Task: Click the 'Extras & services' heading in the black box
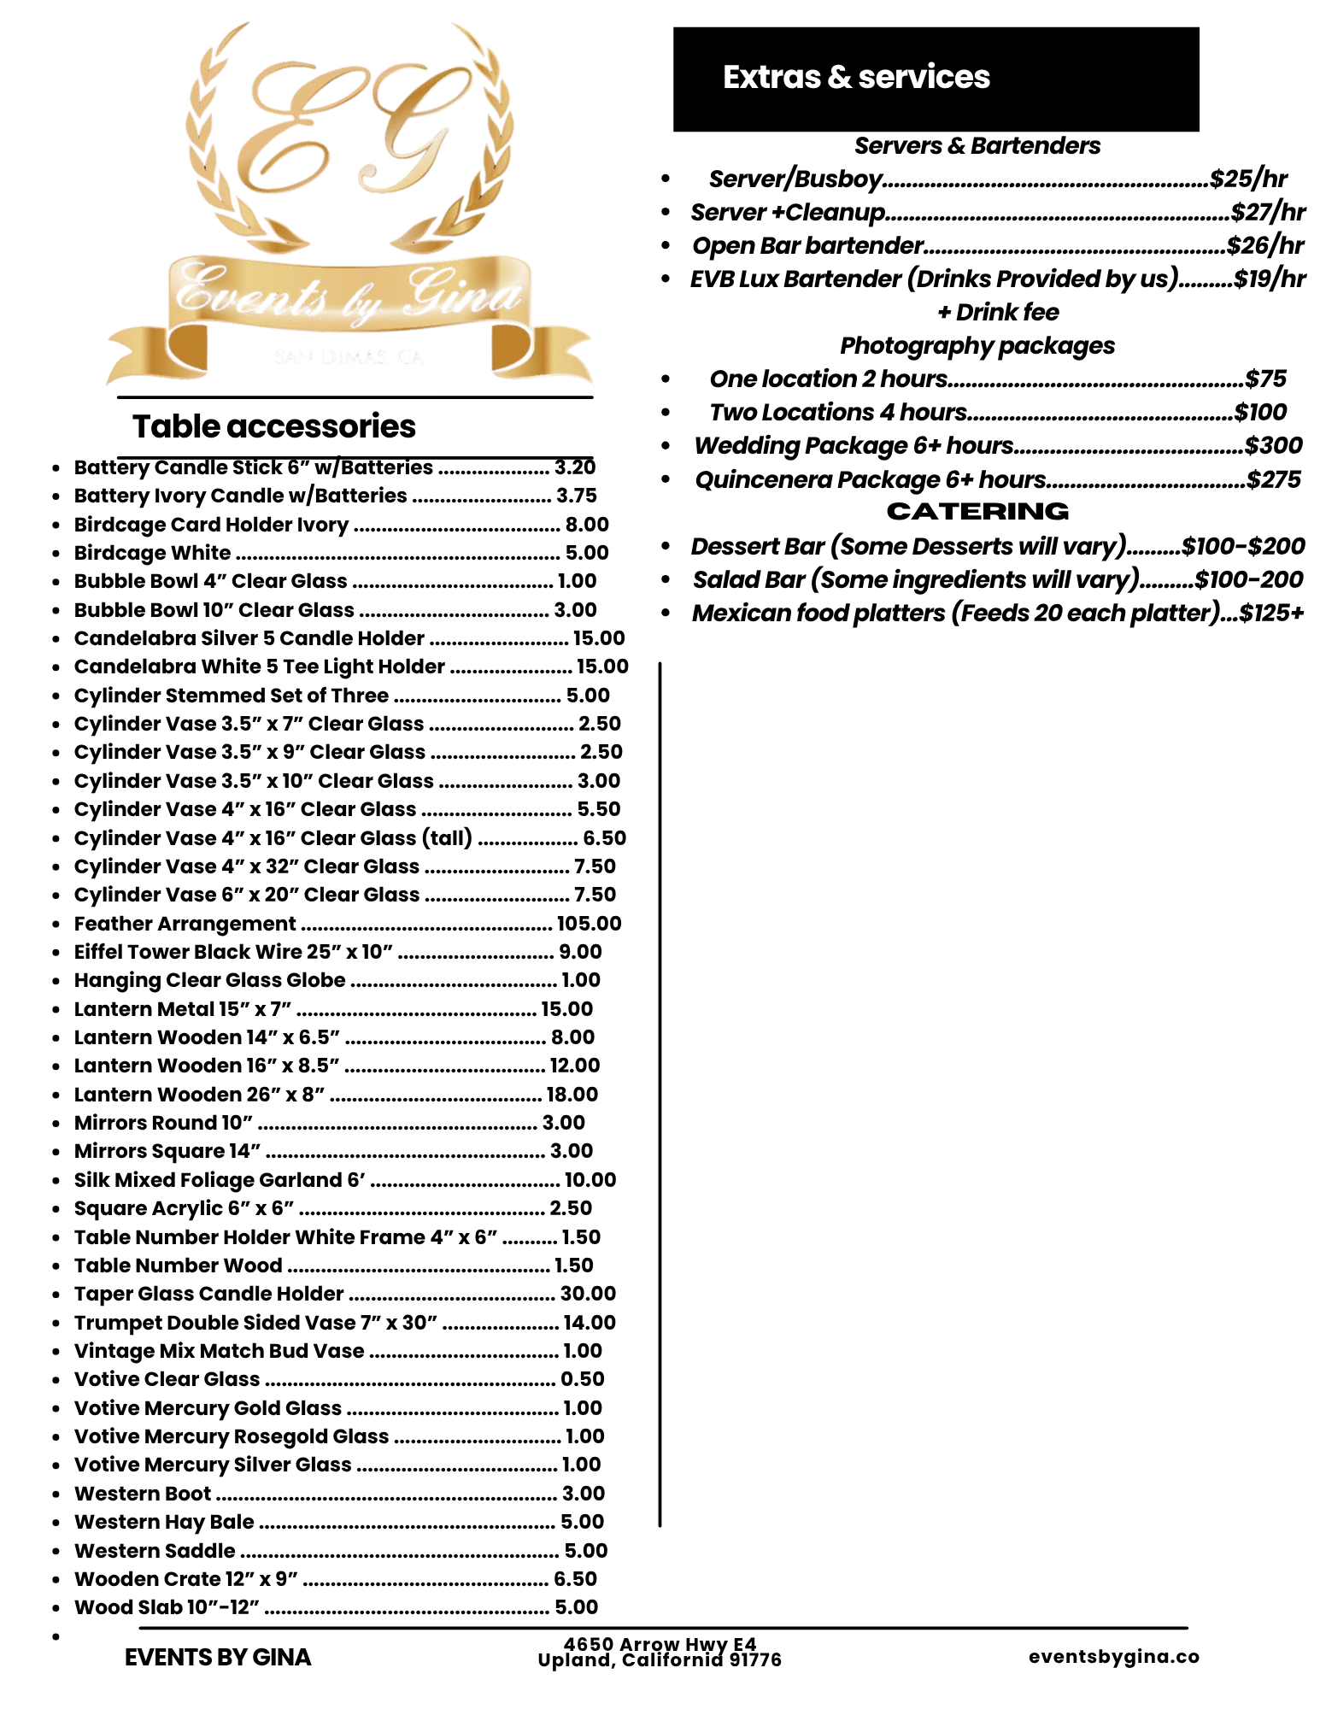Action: (x=856, y=77)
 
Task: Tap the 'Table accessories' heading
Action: (x=273, y=426)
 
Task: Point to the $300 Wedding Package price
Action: (x=1273, y=445)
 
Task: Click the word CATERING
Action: (x=977, y=511)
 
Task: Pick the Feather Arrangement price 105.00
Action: (x=589, y=923)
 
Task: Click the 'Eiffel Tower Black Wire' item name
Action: (x=232, y=952)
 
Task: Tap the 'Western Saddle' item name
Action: (x=155, y=1550)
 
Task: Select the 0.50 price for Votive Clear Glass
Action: (x=582, y=1379)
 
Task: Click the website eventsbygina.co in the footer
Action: (x=1113, y=1656)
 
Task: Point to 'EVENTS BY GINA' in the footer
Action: (x=218, y=1657)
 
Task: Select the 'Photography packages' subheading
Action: (x=977, y=345)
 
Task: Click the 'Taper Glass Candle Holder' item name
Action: (x=208, y=1294)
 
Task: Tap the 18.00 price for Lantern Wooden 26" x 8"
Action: (x=572, y=1094)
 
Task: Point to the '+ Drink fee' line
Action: (x=998, y=312)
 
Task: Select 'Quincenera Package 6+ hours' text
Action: (x=870, y=479)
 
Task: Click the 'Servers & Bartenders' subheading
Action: (x=977, y=145)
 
